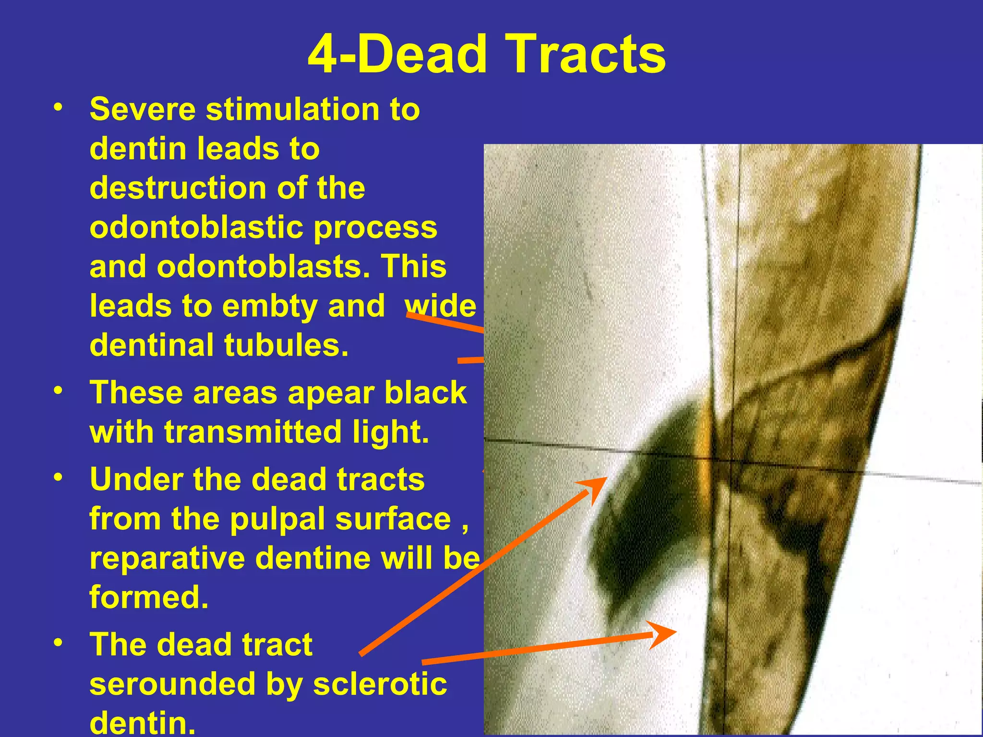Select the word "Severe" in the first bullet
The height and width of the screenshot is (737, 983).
pos(143,109)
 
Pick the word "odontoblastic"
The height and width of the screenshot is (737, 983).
pos(196,227)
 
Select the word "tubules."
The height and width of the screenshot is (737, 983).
pos(286,345)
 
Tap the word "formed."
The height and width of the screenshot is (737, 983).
pos(149,597)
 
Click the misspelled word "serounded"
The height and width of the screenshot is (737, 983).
pos(172,684)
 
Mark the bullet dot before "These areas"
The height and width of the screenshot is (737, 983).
pos(58,391)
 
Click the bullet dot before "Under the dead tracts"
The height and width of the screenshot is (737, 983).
pos(58,477)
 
